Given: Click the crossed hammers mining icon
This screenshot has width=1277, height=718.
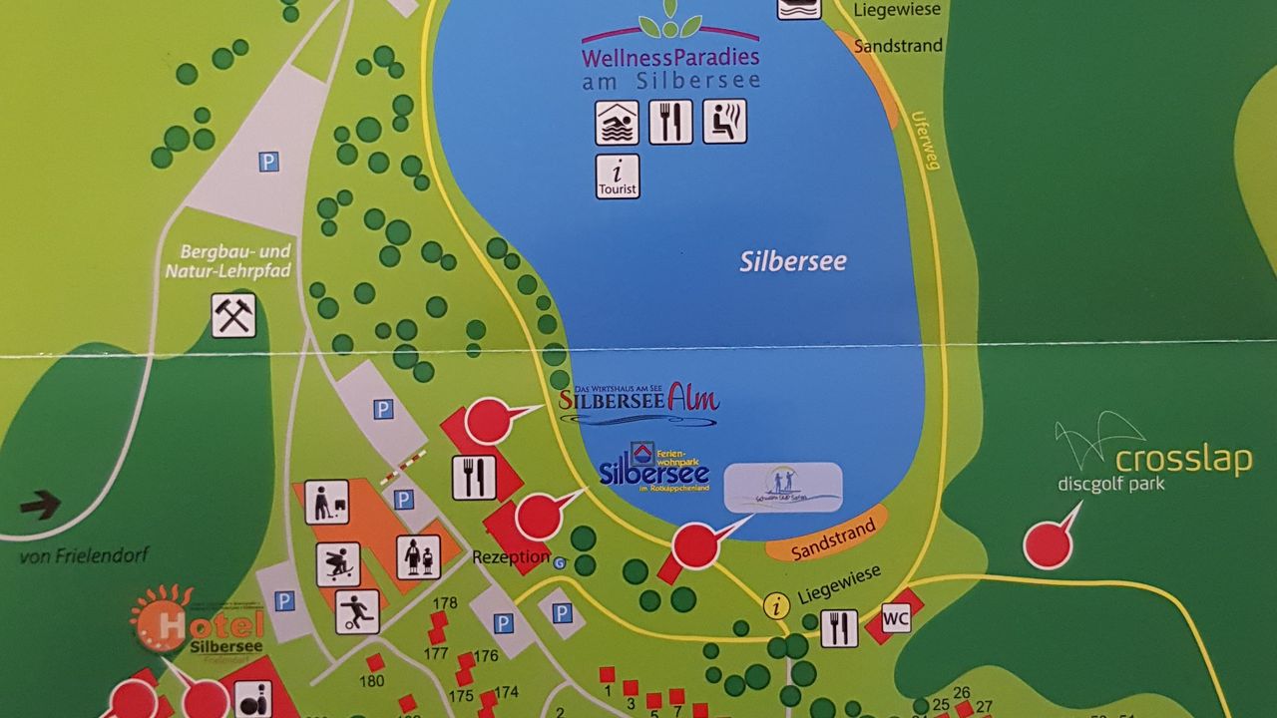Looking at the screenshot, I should coord(233,315).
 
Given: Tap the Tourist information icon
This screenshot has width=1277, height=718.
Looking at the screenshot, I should coord(618,177).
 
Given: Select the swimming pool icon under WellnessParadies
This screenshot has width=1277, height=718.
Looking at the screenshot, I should coord(618,122).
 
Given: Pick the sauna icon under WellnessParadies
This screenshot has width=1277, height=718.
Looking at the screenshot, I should coord(724,122).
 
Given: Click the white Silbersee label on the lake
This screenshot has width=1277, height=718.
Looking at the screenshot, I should coord(793,262).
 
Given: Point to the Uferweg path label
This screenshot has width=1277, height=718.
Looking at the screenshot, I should coord(925,139).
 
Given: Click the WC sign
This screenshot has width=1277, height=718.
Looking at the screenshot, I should coord(896,619).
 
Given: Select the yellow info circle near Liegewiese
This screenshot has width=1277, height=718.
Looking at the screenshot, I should coord(776,604).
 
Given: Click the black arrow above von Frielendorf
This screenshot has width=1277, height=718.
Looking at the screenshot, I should coord(41,506).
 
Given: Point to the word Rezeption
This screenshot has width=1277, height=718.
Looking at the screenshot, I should coord(511,557).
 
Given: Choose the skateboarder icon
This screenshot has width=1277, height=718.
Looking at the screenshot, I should coord(338,564).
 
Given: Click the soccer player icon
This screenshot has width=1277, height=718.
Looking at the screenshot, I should coord(356,611).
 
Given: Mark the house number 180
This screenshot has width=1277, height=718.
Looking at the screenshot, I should coord(372,682).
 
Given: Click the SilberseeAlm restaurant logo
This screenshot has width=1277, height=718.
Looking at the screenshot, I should coord(638,400).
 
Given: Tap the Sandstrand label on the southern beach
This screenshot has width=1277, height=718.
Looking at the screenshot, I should coord(825,538).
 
